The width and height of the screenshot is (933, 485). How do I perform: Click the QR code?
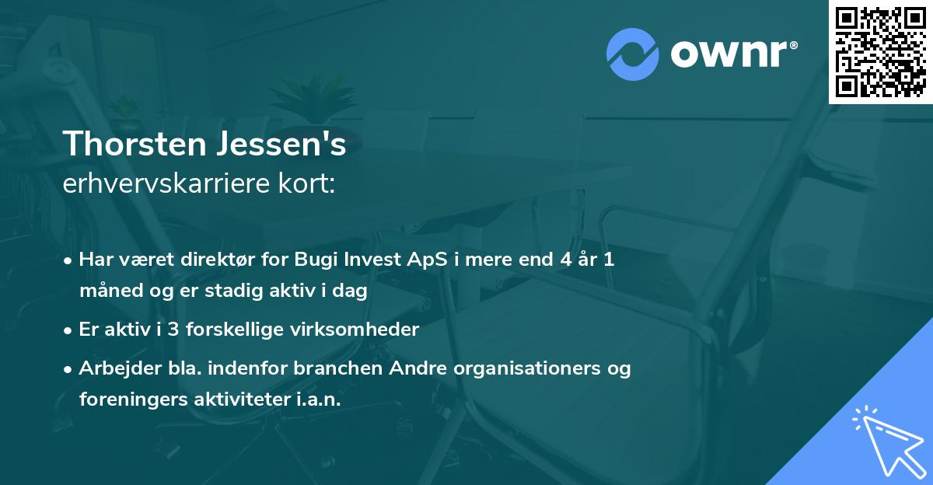(880, 52)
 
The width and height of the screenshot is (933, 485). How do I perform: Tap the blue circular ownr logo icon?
(634, 54)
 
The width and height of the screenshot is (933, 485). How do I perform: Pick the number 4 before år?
(554, 260)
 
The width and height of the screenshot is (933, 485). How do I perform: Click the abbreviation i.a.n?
(317, 400)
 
